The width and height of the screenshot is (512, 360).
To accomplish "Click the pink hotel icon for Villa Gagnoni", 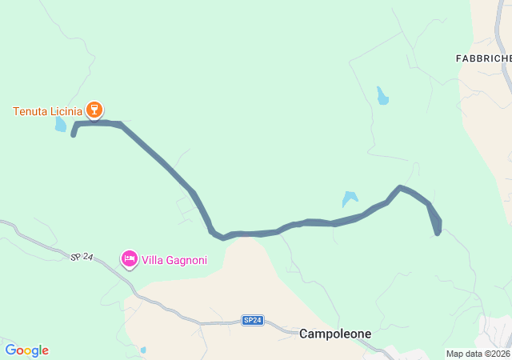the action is coord(129,258).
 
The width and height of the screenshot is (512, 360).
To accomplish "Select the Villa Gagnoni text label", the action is coord(174,259).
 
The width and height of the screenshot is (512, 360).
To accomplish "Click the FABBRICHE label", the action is coord(482,58).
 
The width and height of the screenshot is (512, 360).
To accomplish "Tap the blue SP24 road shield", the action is coord(252,320).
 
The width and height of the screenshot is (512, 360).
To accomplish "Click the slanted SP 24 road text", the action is coord(82,257).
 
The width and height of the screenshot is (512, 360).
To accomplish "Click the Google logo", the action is coord(26,350).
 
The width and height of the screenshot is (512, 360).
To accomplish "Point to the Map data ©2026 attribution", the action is coord(478,354).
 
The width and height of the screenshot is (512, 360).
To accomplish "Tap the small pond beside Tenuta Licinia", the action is coord(61,125).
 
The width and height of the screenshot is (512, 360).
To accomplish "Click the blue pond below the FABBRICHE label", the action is coord(382,96).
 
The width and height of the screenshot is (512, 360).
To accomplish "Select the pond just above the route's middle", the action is coord(350,198).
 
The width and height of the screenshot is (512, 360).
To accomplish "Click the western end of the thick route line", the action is coord(74,135).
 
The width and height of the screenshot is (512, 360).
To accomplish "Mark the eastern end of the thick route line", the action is coord(437,233).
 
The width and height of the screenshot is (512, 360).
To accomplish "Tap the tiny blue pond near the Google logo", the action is coord(143,350).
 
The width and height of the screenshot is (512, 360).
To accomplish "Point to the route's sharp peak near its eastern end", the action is coord(401,187).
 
